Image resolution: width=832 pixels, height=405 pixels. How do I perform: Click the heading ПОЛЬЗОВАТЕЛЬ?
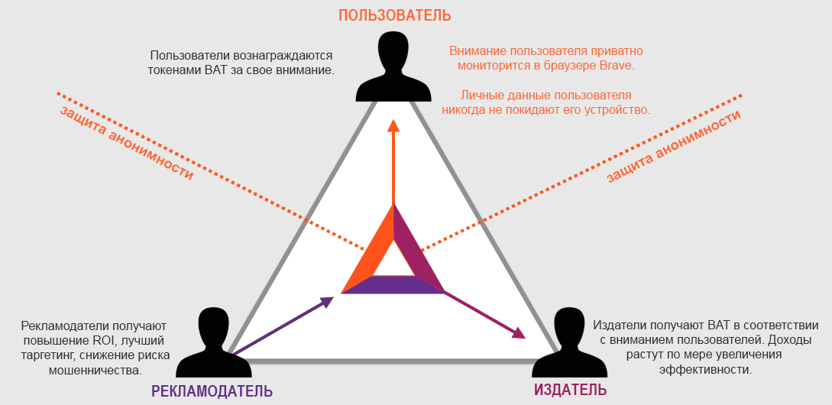tap(395, 15)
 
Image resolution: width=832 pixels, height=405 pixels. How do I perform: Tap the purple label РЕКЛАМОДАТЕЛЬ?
tap(212, 391)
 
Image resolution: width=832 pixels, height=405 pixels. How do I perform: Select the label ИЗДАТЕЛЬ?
tap(569, 390)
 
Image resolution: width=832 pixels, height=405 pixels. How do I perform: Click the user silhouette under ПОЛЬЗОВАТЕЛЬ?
tap(393, 66)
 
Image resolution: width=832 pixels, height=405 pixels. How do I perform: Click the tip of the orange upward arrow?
tap(393, 119)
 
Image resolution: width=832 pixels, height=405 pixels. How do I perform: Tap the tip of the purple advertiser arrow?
tap(334, 297)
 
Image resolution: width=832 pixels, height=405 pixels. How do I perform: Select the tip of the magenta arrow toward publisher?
tap(526, 338)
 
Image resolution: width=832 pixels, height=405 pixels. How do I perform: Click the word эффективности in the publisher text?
tap(706, 369)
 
